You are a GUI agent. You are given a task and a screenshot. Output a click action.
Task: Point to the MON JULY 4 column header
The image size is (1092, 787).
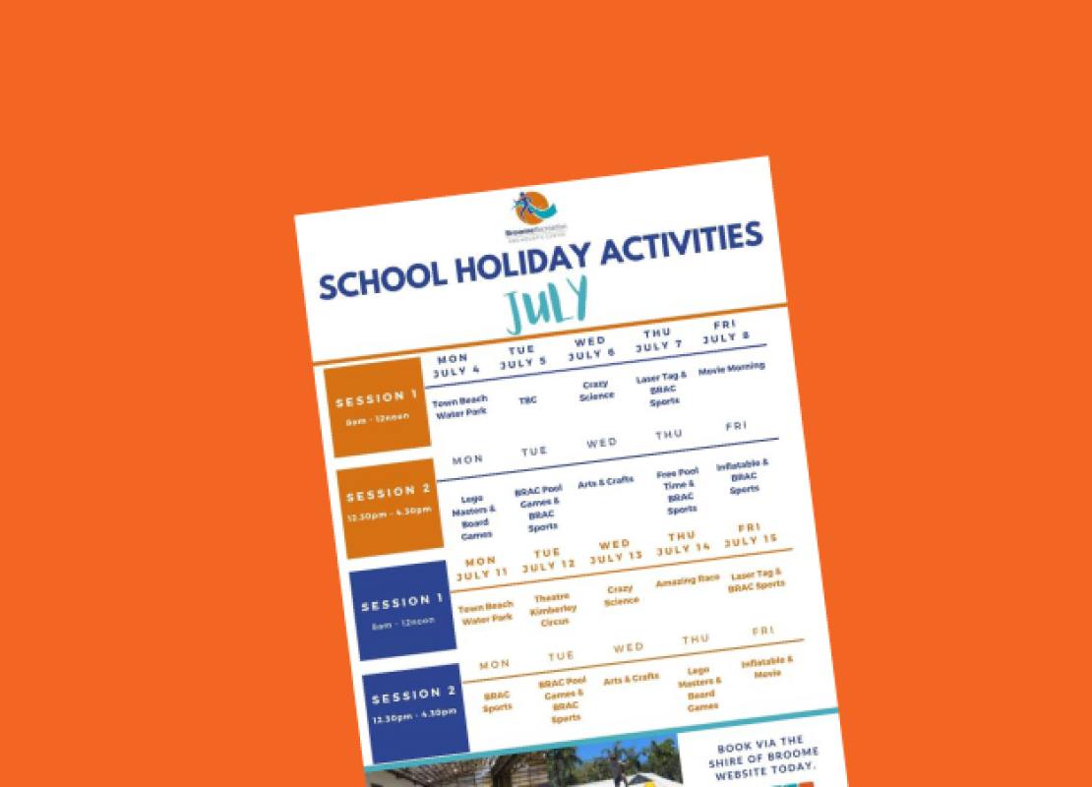pos(456,364)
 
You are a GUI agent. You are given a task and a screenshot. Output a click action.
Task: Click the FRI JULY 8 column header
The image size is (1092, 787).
pos(725,331)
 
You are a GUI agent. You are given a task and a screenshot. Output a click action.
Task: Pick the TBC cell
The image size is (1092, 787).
pos(528,400)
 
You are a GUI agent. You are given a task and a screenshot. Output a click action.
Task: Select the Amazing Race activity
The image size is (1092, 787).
pos(688,580)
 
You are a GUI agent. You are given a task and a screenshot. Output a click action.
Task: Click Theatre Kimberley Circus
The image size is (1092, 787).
pos(554,609)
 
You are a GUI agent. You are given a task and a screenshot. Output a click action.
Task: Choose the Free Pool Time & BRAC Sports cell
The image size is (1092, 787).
pos(679,491)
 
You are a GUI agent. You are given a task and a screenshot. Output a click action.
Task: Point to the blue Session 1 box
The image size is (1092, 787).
pos(402,609)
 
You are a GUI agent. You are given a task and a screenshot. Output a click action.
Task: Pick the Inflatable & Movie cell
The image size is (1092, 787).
pos(767,668)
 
